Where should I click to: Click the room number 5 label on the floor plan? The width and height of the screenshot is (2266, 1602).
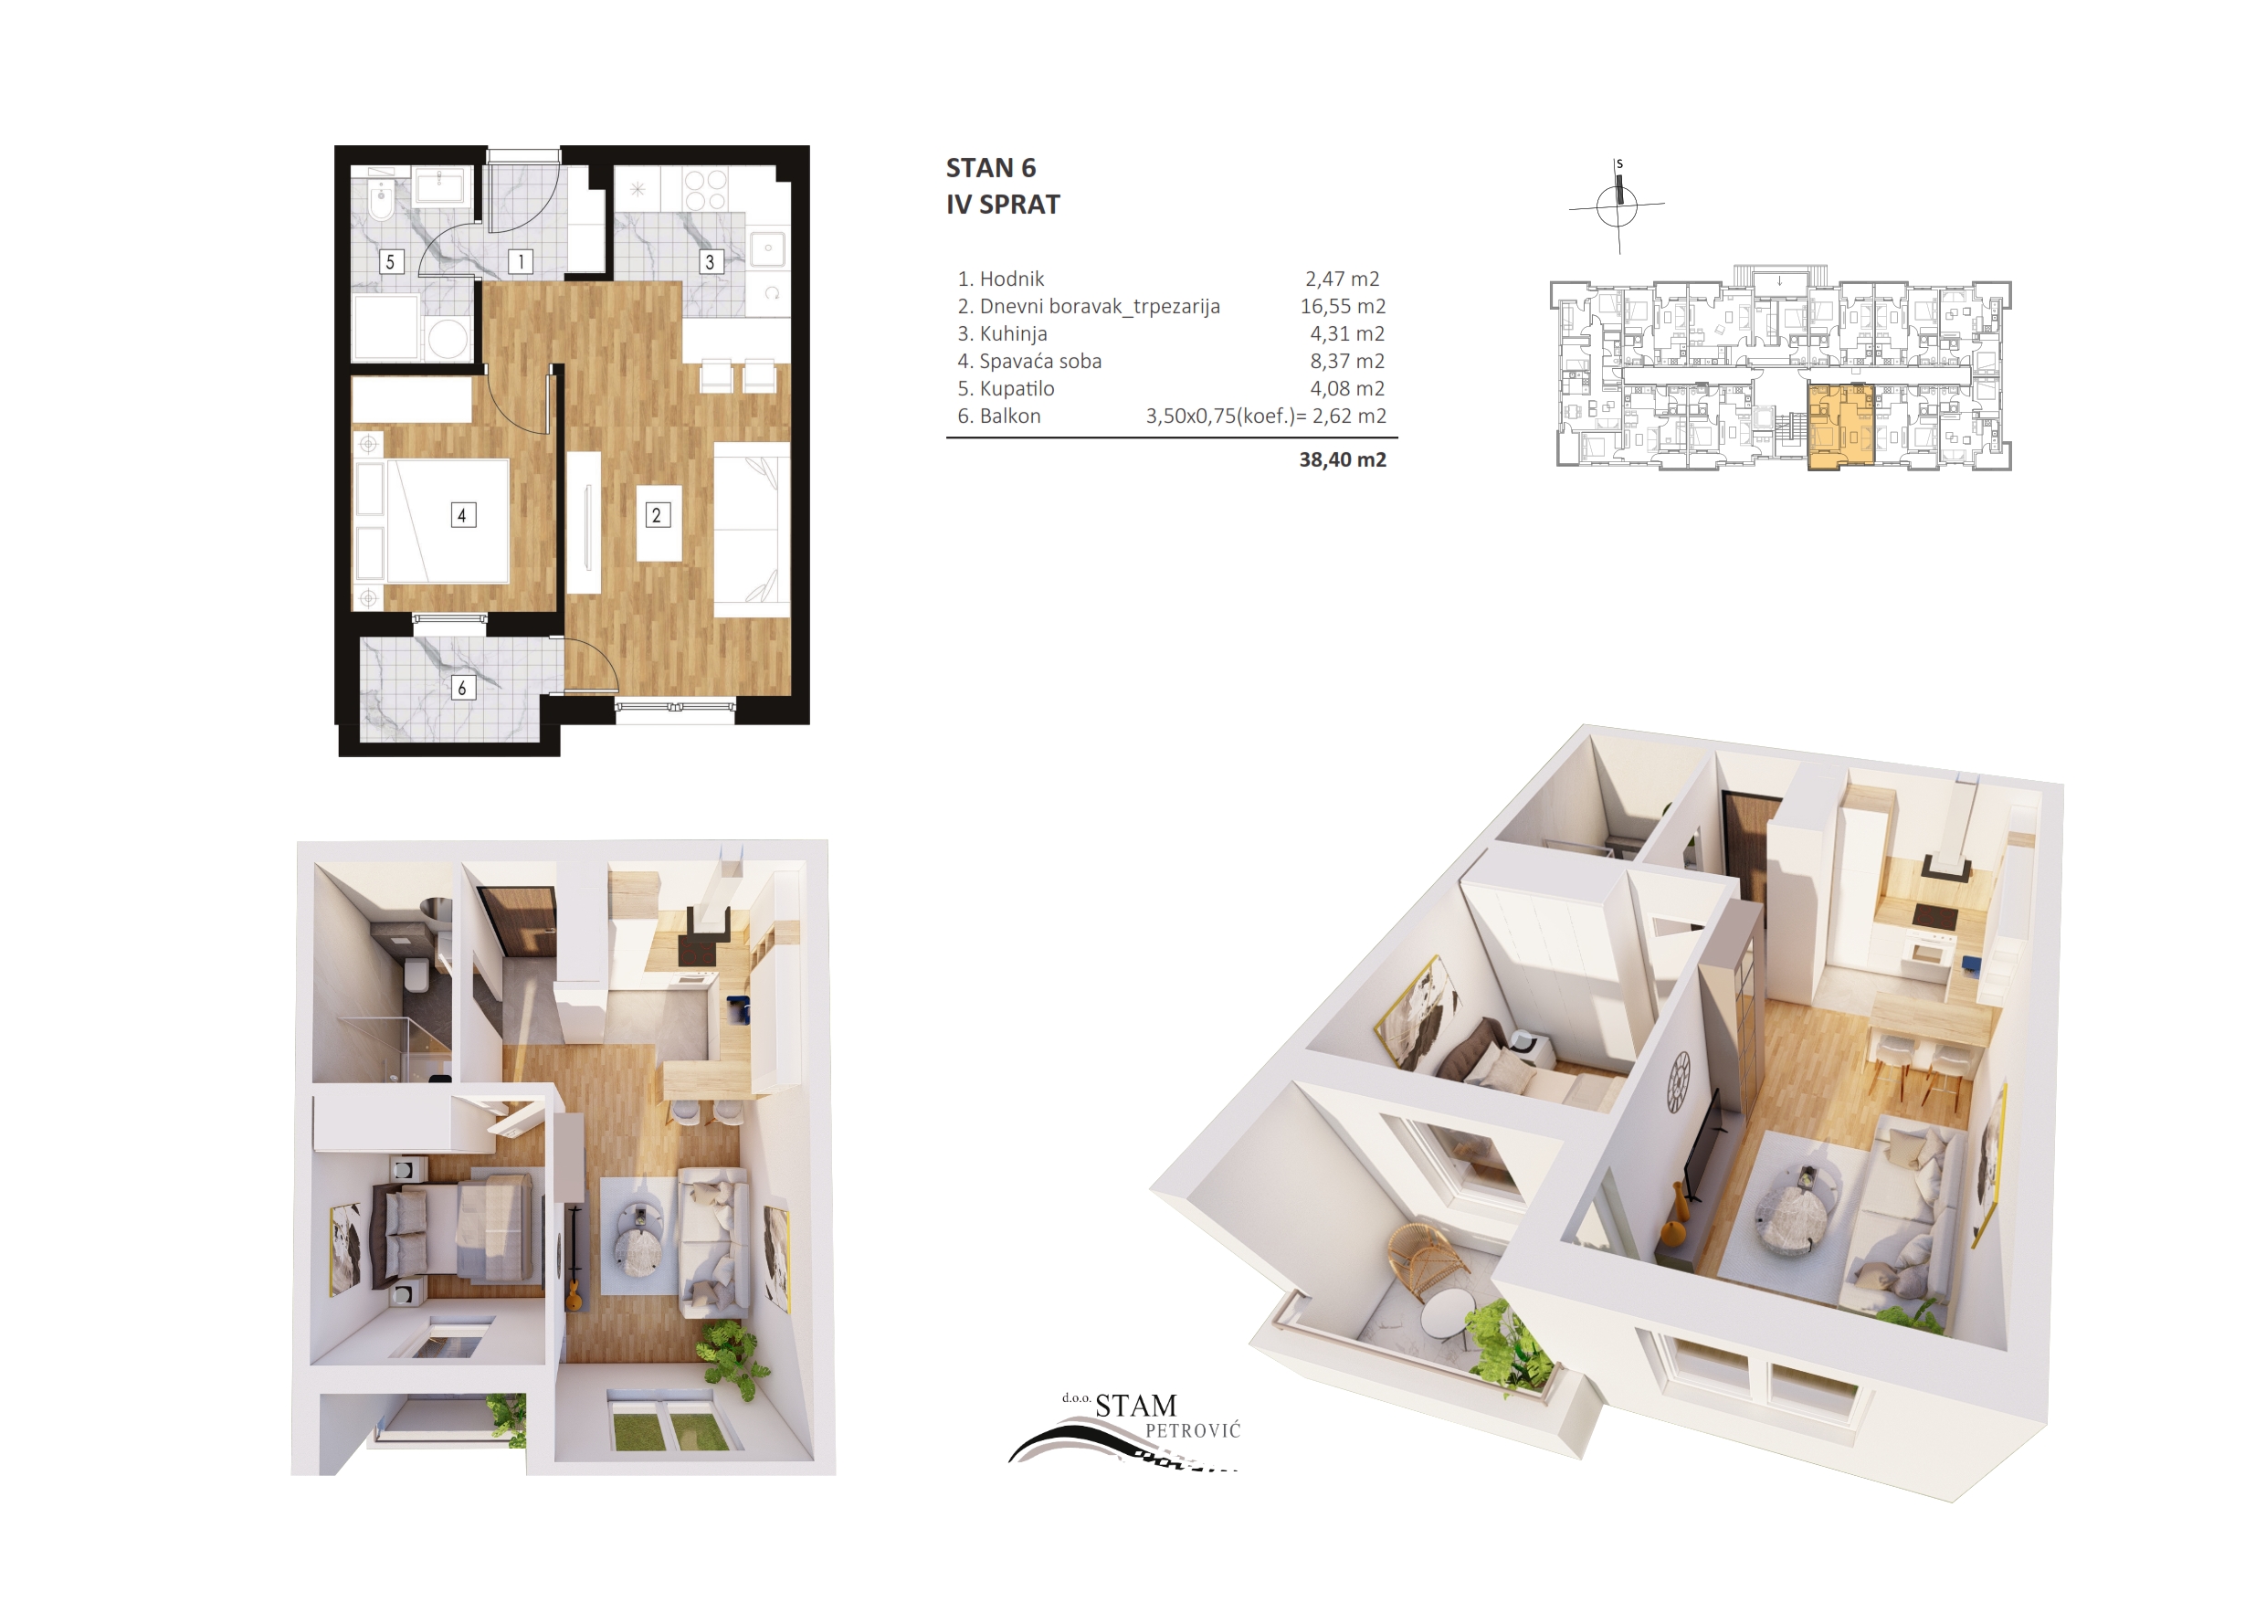[x=391, y=261]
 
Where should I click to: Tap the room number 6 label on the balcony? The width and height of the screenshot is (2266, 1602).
[x=462, y=688]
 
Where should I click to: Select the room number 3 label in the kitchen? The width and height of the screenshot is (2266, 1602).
[x=710, y=261]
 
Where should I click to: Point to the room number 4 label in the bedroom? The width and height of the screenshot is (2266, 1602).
[x=462, y=515]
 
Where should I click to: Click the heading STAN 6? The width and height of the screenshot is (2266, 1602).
[x=991, y=169]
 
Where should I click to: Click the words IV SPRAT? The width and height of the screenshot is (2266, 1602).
[x=1003, y=206]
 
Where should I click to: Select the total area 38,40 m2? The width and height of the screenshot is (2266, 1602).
[x=1343, y=460]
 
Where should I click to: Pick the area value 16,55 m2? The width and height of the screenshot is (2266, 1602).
[x=1343, y=307]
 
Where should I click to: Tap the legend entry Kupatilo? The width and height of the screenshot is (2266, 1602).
[x=1017, y=389]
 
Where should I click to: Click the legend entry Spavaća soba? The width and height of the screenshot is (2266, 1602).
[x=1040, y=362]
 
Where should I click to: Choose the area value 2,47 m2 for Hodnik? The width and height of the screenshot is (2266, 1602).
[x=1343, y=279]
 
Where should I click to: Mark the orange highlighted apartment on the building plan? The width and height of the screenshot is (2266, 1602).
[x=1840, y=427]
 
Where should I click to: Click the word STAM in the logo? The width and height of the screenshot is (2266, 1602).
[x=1136, y=1406]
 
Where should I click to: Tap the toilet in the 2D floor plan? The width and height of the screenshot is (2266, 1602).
[x=380, y=200]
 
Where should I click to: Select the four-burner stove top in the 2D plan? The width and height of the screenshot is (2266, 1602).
[x=706, y=189]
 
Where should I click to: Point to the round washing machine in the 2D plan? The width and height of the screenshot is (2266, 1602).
[x=448, y=340]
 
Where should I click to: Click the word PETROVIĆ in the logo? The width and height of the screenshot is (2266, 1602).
[x=1192, y=1431]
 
